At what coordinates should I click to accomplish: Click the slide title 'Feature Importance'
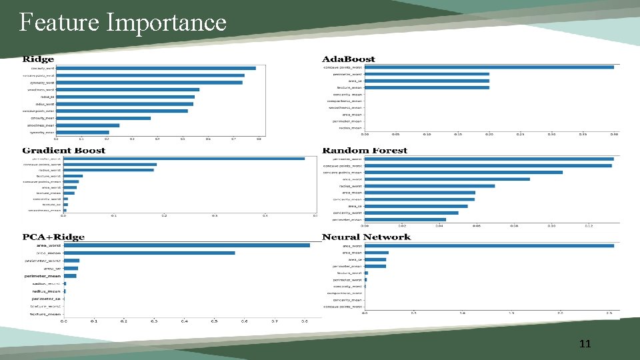pos(123,23)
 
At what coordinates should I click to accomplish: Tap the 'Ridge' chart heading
pos(39,60)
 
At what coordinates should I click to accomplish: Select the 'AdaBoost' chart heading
pos(349,60)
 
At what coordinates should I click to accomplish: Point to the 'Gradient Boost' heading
pos(64,151)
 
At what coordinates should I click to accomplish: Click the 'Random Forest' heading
pos(365,151)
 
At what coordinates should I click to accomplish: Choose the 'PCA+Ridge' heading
pos(53,237)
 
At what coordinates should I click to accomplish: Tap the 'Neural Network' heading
pos(366,237)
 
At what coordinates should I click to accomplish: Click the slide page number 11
pos(585,344)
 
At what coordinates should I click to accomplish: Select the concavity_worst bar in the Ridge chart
pos(156,68)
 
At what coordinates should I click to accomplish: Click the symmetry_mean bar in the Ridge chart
pos(83,132)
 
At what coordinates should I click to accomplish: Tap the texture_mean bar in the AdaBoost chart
pos(427,87)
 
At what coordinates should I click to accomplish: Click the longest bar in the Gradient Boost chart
pos(183,159)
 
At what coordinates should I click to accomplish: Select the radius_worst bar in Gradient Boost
pos(108,170)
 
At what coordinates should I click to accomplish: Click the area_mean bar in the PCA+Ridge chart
pos(149,253)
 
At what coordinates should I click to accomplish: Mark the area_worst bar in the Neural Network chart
pos(489,246)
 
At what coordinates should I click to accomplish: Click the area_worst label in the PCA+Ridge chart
pos(47,245)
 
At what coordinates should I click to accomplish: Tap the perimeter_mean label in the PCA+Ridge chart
pos(43,276)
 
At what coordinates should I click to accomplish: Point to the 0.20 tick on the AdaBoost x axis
pos(489,134)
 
